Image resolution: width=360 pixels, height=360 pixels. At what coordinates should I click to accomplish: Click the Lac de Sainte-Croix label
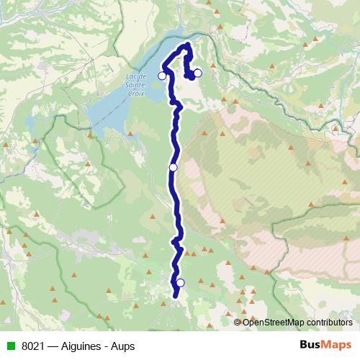tap(135, 85)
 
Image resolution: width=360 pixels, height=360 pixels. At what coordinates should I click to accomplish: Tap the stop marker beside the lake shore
tap(162, 76)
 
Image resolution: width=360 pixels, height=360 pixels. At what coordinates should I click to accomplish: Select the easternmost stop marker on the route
tap(198, 73)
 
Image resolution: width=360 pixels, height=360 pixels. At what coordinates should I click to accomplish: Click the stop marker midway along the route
tap(173, 167)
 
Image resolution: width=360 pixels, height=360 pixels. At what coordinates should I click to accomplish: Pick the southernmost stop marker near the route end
tap(180, 282)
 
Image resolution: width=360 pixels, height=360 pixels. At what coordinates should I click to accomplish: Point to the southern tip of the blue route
tap(176, 296)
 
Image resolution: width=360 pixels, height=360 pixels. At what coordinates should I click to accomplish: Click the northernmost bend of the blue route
tap(187, 45)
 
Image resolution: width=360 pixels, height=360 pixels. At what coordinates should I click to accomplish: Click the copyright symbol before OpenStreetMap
tap(238, 323)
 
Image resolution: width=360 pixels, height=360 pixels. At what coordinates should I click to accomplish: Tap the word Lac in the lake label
tap(130, 76)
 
